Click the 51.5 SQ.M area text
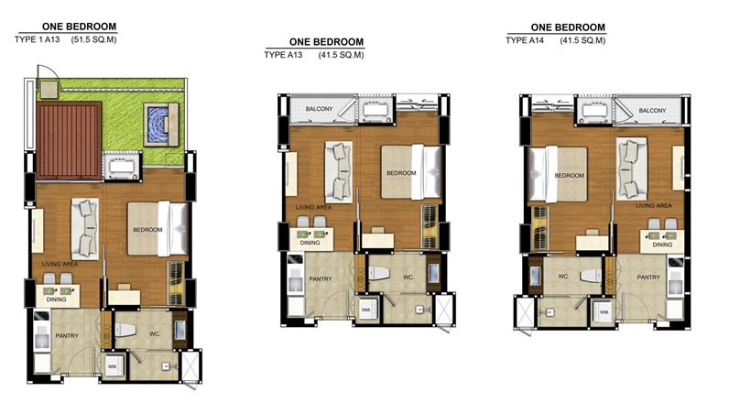(x=94, y=39)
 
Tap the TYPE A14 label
(x=525, y=40)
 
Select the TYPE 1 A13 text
(x=38, y=39)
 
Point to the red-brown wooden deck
(x=69, y=140)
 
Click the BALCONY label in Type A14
(x=652, y=111)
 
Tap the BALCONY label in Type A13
(x=319, y=109)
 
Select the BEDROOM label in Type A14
(x=569, y=175)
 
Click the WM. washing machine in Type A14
(x=604, y=312)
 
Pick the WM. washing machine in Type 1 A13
(x=113, y=366)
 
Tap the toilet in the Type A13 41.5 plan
(x=378, y=273)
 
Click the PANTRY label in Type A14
(x=648, y=277)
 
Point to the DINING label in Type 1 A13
(x=56, y=300)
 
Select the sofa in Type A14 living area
(x=631, y=169)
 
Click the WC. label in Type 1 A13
(x=155, y=334)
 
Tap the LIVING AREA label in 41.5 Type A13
(x=314, y=207)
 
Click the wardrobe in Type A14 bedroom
(x=539, y=228)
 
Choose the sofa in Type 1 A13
(x=84, y=229)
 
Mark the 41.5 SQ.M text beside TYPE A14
(x=582, y=40)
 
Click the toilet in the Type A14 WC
(x=591, y=276)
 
